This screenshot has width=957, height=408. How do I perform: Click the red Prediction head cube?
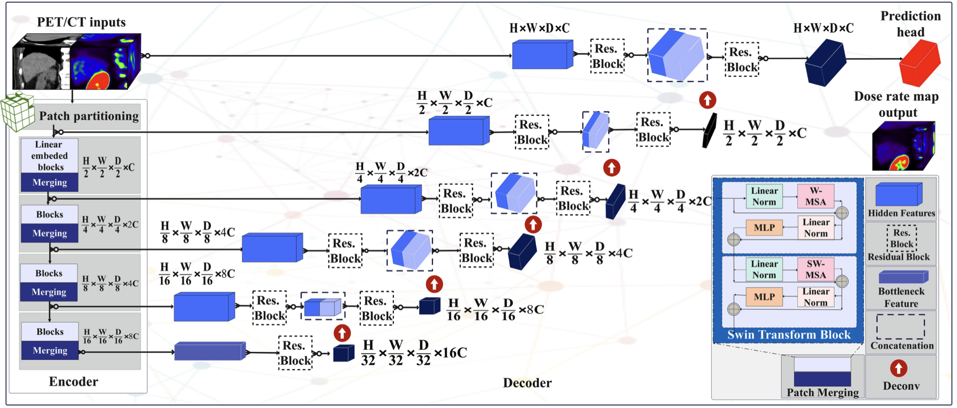(920, 63)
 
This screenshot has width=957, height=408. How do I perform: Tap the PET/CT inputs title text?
(81, 22)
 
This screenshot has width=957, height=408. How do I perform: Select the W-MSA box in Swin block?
(815, 196)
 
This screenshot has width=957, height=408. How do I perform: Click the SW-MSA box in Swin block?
(815, 269)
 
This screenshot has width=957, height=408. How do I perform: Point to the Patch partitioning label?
(89, 116)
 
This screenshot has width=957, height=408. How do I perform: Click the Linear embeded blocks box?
(50, 155)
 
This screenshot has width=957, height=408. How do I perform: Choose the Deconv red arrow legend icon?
(898, 369)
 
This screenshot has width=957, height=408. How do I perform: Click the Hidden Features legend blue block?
(899, 195)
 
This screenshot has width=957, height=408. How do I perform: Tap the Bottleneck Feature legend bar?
(902, 277)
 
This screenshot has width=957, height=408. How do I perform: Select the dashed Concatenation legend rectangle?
(901, 327)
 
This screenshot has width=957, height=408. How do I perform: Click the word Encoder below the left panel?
(73, 381)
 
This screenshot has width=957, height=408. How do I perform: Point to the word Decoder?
(527, 383)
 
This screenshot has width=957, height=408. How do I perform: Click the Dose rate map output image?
(903, 146)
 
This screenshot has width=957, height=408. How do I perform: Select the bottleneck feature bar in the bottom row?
(209, 351)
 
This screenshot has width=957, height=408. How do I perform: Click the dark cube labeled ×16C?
(343, 353)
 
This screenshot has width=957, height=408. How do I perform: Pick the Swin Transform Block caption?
(789, 335)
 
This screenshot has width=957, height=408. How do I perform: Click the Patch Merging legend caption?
(822, 392)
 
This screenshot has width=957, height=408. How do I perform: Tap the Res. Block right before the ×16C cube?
(295, 353)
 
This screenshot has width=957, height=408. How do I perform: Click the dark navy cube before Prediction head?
(825, 63)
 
